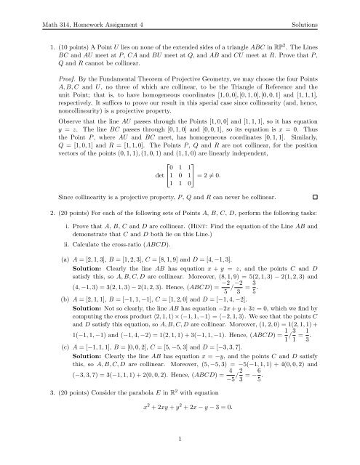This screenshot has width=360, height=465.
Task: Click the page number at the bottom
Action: (180, 440)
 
